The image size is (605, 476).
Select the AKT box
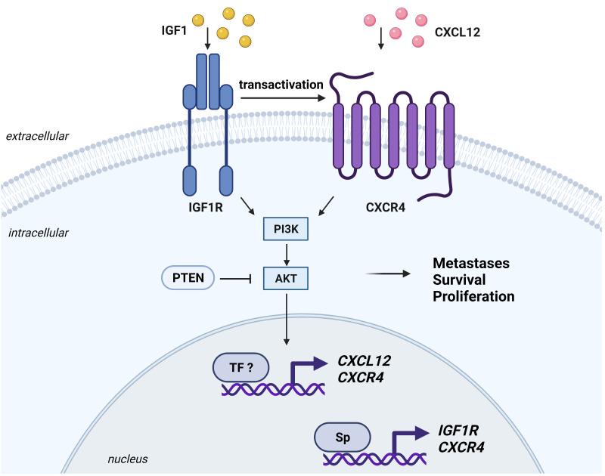(287, 280)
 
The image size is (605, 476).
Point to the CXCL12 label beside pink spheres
(458, 33)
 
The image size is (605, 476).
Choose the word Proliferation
(473, 296)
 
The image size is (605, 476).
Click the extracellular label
(38, 136)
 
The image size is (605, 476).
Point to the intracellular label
(38, 232)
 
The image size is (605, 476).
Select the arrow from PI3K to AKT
(287, 255)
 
